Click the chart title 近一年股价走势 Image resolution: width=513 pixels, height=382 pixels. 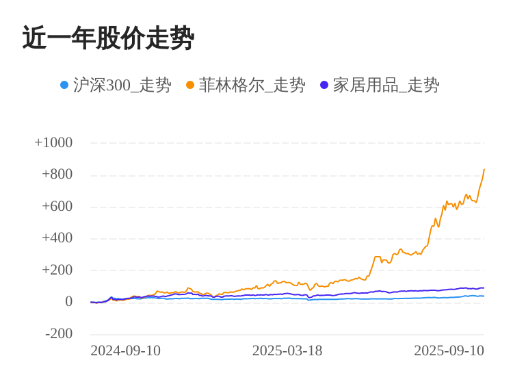[x=108, y=38]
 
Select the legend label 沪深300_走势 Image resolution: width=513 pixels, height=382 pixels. [x=122, y=86]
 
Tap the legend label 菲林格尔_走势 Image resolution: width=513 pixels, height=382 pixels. [x=252, y=86]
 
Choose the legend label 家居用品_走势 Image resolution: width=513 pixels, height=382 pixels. [x=386, y=86]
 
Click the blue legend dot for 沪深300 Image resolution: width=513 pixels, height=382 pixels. [x=64, y=86]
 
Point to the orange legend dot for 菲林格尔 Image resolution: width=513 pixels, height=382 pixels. [x=190, y=86]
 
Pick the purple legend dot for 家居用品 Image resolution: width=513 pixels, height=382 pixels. [x=324, y=86]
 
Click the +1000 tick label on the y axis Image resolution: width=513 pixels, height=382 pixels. [x=53, y=142]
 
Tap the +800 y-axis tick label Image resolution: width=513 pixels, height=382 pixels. [x=57, y=174]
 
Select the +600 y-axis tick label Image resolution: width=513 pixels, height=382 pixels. [x=57, y=206]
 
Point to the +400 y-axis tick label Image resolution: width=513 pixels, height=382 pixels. [x=57, y=238]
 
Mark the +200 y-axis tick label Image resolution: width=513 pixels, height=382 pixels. [x=57, y=270]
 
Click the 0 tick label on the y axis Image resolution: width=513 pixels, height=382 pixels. [x=68, y=301]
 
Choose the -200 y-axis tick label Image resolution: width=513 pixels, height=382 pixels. [x=59, y=333]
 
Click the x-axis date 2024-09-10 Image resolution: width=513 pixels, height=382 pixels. [x=126, y=351]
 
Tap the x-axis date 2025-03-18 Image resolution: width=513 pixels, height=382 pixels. [x=287, y=351]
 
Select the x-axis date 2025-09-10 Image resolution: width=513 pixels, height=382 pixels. [x=449, y=351]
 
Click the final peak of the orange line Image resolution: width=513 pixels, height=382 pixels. [x=484, y=170]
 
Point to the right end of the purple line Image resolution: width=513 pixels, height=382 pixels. [x=484, y=288]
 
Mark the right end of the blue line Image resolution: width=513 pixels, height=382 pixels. [x=484, y=296]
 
